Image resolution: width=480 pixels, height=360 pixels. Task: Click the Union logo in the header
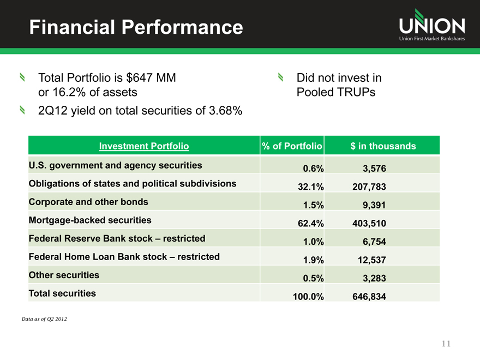coord(431,26)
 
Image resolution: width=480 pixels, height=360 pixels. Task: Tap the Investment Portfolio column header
coord(144,146)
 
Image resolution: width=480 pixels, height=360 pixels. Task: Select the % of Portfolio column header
coord(293,146)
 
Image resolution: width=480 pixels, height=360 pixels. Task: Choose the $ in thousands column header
coord(383,146)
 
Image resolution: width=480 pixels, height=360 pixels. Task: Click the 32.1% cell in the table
coord(311,187)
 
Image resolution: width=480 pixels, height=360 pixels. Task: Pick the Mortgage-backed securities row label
coord(90,220)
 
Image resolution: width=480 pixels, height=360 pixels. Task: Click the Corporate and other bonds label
coord(88,202)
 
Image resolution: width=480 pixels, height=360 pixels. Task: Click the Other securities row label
coord(64,275)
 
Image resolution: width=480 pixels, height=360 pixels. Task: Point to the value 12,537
coord(370,260)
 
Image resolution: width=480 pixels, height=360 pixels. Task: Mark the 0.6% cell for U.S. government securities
coord(313,169)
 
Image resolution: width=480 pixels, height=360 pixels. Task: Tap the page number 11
coord(447,344)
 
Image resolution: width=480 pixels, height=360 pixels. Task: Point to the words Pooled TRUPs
coord(335,92)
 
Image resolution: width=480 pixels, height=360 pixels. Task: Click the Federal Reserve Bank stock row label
coord(117,238)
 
